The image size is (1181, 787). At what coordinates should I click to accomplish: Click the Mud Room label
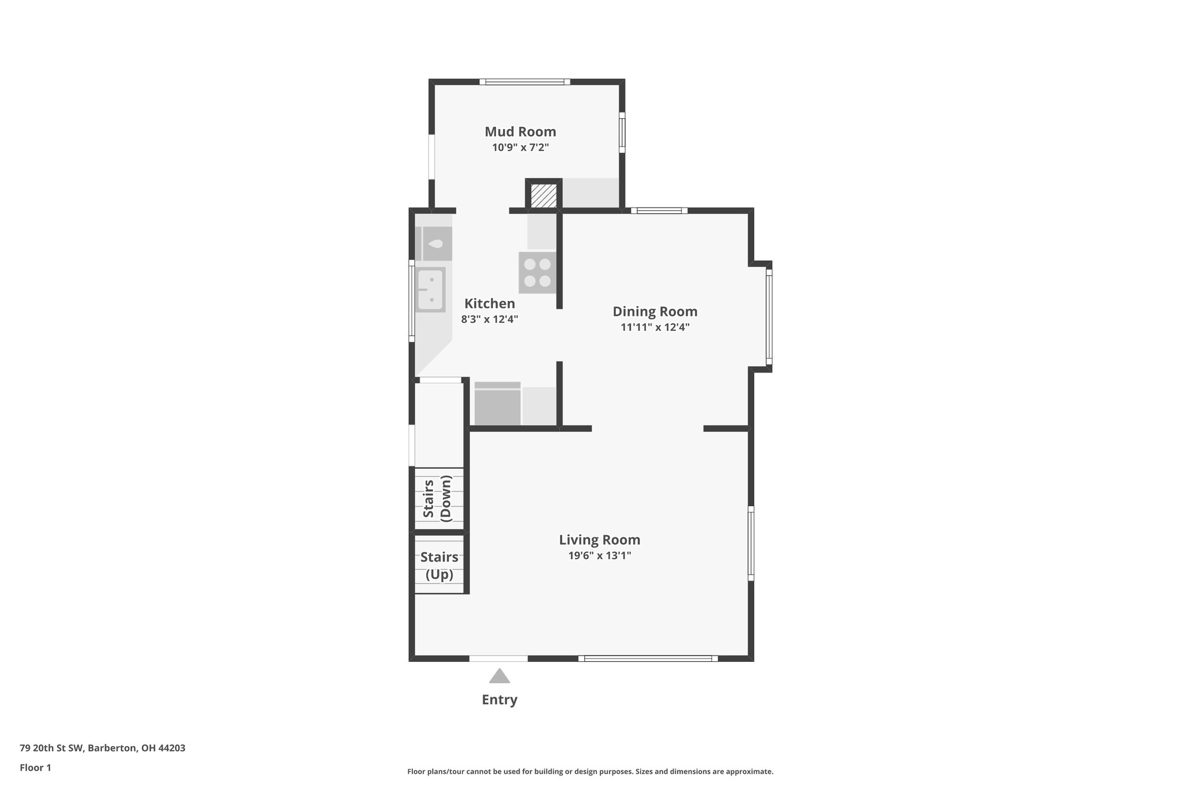pos(520,131)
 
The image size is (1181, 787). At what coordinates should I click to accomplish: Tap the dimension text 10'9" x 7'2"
pos(520,148)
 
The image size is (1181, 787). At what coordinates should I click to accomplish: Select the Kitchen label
pos(490,303)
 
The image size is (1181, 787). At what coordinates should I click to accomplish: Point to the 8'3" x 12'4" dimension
pos(490,319)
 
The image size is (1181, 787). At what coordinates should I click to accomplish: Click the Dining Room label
pos(655,311)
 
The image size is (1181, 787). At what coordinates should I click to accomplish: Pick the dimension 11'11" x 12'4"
pos(655,327)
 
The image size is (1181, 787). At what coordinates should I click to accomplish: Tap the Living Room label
pos(599,540)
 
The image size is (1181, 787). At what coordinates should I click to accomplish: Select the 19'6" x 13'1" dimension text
pos(599,556)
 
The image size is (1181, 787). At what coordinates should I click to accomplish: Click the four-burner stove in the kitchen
pos(537,273)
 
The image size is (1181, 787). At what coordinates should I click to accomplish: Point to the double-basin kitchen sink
pos(430,290)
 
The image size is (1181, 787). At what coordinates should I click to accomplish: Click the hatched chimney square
pos(543,196)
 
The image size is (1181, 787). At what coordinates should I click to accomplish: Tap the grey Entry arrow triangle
pos(499,676)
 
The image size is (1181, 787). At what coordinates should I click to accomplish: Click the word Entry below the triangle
pos(499,699)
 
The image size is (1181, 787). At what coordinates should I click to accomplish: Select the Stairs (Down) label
pos(438,499)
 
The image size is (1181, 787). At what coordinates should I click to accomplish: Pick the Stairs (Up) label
pos(439,566)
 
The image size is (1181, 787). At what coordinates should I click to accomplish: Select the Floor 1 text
pos(35,767)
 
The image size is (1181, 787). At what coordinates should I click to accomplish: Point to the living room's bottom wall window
pos(648,658)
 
